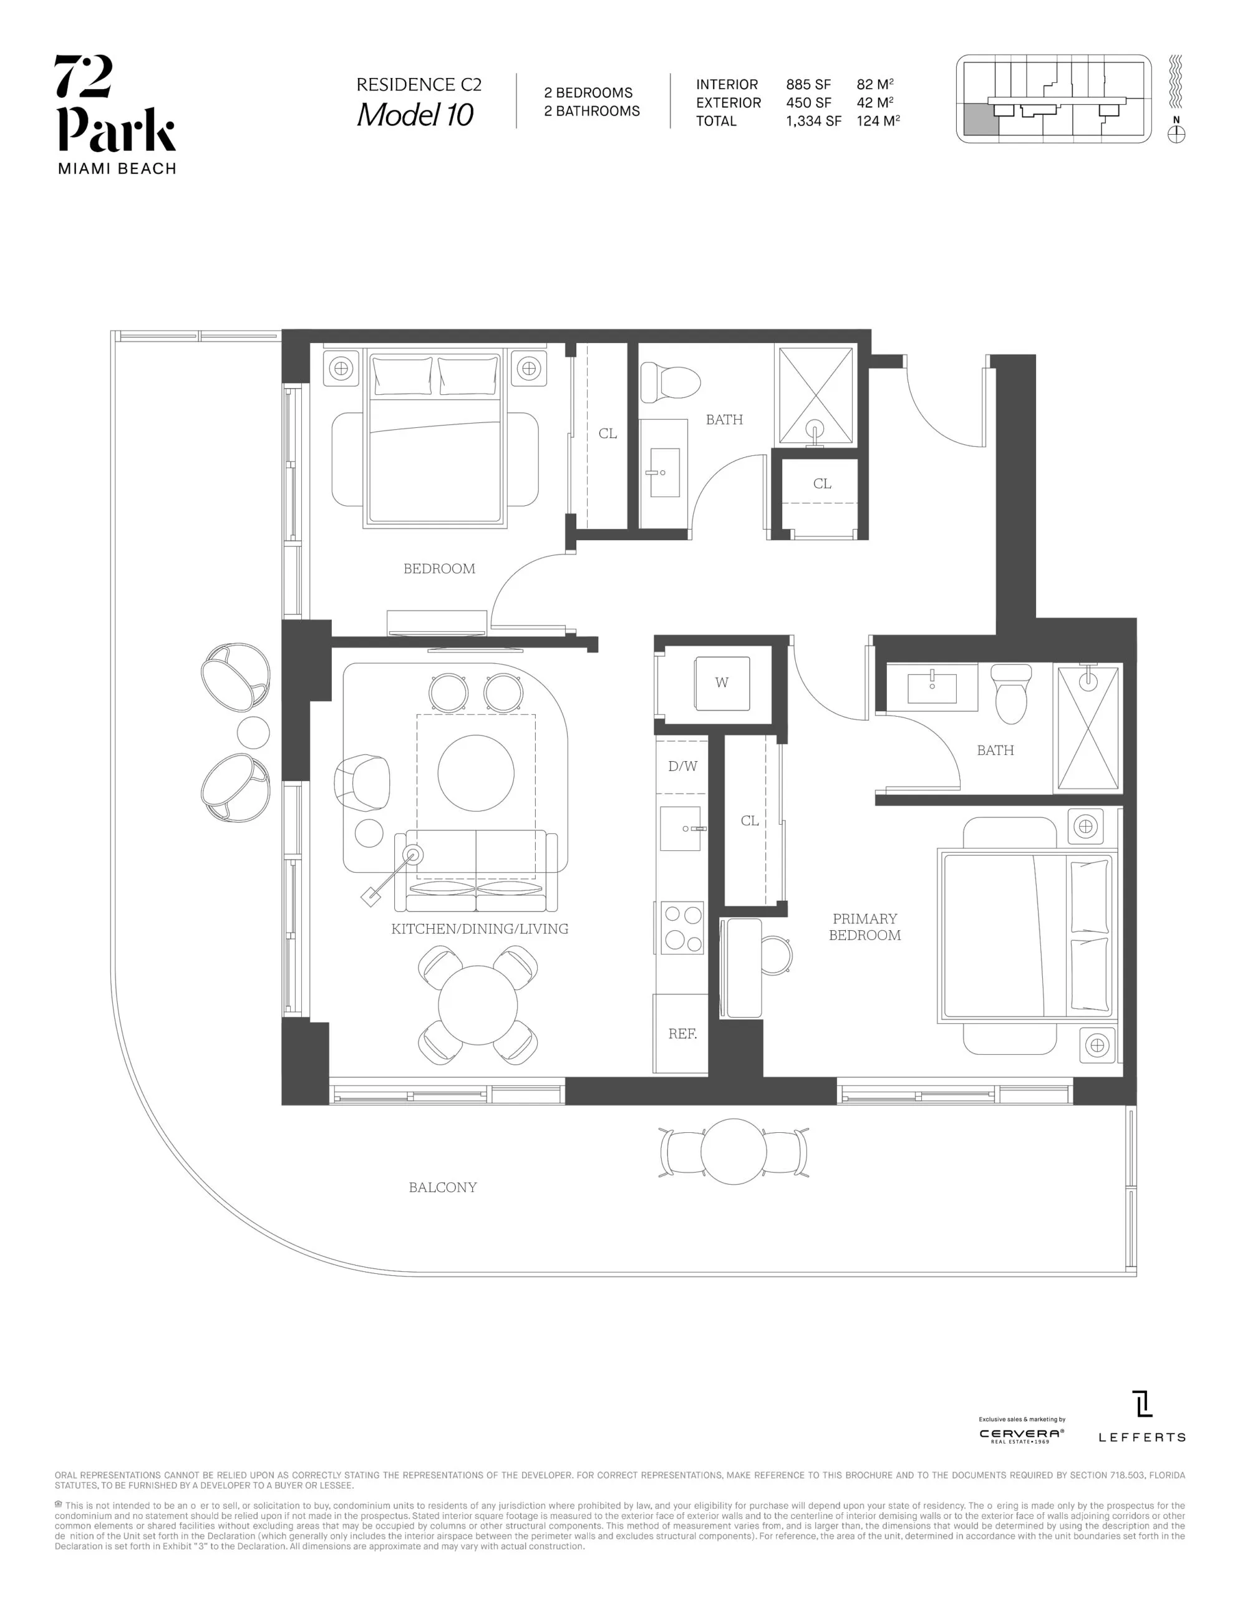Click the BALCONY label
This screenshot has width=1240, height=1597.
point(442,1188)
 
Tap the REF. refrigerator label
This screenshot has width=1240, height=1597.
point(682,1034)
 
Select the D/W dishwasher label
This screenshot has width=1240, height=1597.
point(682,766)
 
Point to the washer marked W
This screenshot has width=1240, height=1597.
point(722,683)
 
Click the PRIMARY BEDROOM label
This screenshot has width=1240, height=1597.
point(865,927)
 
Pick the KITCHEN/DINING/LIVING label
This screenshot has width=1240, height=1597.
point(480,929)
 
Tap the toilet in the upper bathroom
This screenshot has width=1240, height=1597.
point(670,382)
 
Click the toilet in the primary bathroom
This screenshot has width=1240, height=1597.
point(1011,693)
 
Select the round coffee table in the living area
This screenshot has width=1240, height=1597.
point(476,773)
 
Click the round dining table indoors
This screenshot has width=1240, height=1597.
point(478,1005)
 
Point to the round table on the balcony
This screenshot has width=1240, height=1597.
point(734,1152)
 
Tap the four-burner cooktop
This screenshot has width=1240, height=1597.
point(682,928)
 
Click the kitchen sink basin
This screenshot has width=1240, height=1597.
point(680,828)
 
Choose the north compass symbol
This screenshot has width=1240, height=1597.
point(1176,135)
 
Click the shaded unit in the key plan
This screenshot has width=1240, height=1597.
point(981,119)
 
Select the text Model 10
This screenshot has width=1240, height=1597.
point(415,115)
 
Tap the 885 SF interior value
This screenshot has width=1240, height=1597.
point(808,85)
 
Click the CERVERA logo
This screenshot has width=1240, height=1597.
point(1022,1435)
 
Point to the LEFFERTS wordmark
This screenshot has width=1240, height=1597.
point(1141,1437)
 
